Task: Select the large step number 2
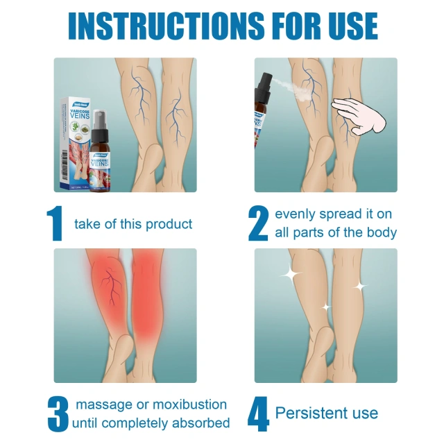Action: click(x=258, y=223)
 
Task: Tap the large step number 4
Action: click(x=258, y=413)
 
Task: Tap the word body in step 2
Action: click(x=380, y=232)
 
